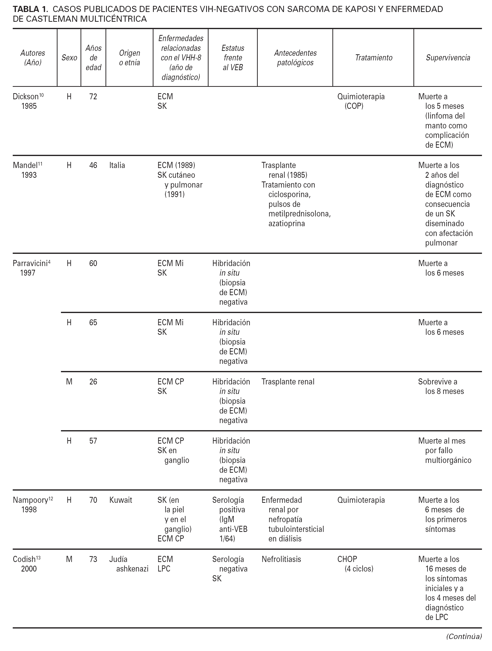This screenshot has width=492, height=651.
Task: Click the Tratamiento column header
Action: (x=374, y=58)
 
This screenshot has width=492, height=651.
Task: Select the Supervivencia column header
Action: (x=448, y=58)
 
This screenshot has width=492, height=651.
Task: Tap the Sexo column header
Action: (x=69, y=58)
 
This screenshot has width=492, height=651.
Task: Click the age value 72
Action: (x=93, y=97)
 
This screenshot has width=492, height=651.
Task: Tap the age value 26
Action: (x=93, y=382)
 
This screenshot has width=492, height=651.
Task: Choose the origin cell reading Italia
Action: (x=117, y=165)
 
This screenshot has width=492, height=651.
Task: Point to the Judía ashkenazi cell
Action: (x=129, y=564)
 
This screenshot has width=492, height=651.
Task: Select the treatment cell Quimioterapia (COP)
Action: (x=361, y=101)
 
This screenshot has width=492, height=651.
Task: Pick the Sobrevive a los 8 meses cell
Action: (x=441, y=386)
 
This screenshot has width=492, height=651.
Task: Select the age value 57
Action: (x=93, y=441)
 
